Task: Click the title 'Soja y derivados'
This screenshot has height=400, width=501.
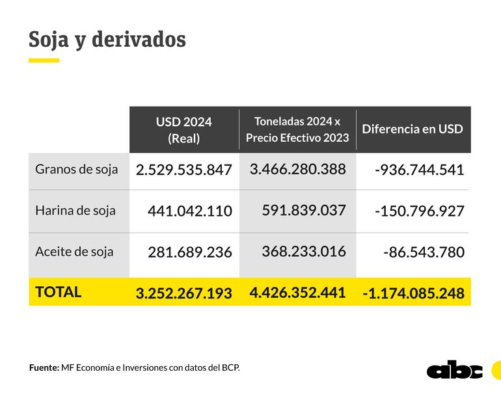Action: pyautogui.click(x=107, y=39)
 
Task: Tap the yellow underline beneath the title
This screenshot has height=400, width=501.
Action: pyautogui.click(x=44, y=60)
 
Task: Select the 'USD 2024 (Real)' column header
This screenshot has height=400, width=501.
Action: pyautogui.click(x=184, y=130)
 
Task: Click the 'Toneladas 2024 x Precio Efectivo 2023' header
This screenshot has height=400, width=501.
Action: pyautogui.click(x=297, y=129)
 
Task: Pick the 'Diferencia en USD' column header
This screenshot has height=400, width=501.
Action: pyautogui.click(x=413, y=129)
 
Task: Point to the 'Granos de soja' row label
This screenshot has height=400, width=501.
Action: pyautogui.click(x=77, y=169)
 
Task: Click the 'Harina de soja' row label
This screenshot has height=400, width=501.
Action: pyautogui.click(x=75, y=210)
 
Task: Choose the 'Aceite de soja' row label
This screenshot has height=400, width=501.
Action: pyautogui.click(x=74, y=251)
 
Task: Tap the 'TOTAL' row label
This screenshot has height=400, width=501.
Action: pyautogui.click(x=59, y=292)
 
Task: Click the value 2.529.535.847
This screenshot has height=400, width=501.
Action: pyautogui.click(x=184, y=170)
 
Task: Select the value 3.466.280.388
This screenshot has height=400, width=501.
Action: pyautogui.click(x=297, y=169)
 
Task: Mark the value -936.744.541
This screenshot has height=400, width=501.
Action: pyautogui.click(x=420, y=170)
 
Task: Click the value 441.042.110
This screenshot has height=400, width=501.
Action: pyautogui.click(x=190, y=211)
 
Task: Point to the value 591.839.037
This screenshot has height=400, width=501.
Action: pyautogui.click(x=304, y=210)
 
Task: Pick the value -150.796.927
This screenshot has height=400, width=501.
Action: pyautogui.click(x=420, y=211)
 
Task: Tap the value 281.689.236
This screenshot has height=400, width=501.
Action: pyautogui.click(x=190, y=252)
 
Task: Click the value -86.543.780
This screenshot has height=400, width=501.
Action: pyautogui.click(x=424, y=252)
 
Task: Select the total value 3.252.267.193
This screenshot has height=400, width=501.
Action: pyautogui.click(x=184, y=293)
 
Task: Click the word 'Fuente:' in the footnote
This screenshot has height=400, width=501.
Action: pyautogui.click(x=44, y=367)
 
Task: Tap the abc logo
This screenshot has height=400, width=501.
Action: pyautogui.click(x=455, y=369)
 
